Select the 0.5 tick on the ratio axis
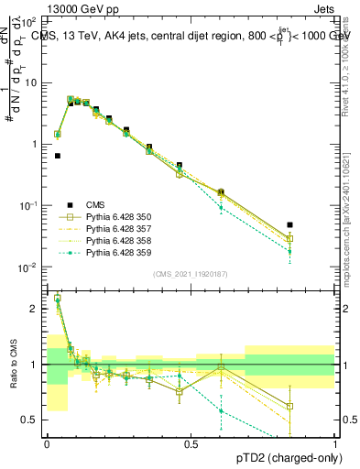click(x=32, y=420)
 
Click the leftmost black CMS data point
click(x=58, y=156)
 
